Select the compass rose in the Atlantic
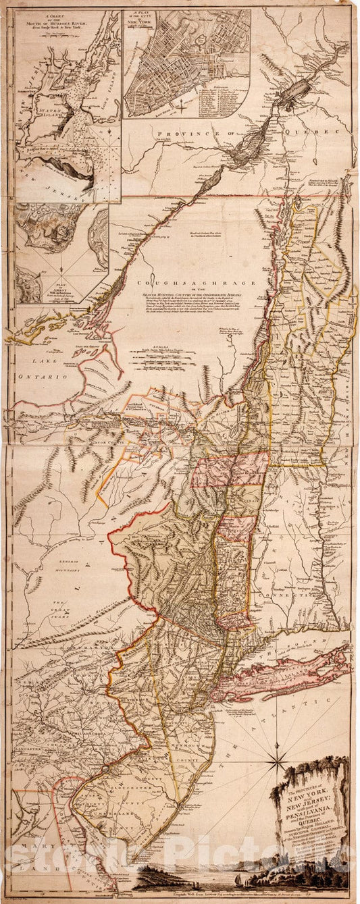click(276, 762)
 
